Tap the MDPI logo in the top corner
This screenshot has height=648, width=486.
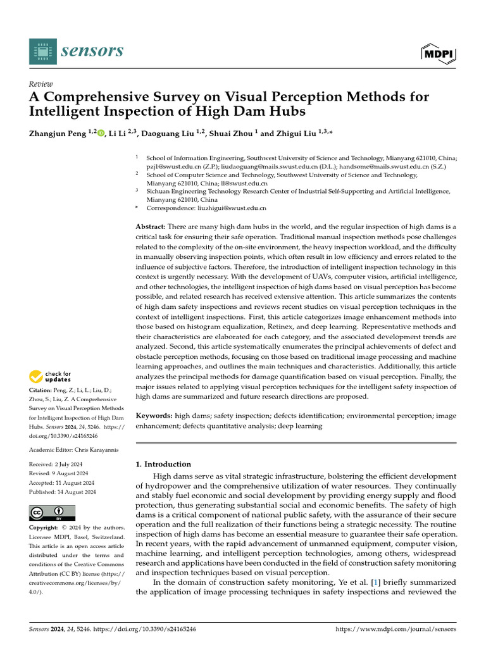(x=438, y=53)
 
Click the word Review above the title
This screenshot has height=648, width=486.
(x=41, y=84)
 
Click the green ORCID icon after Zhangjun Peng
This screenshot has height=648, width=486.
(x=101, y=134)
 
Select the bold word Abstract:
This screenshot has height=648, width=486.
(x=151, y=227)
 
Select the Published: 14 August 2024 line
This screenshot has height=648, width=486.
(x=63, y=492)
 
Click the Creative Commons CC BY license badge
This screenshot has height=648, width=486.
(x=52, y=513)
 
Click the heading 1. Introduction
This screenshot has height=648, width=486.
(x=163, y=464)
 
